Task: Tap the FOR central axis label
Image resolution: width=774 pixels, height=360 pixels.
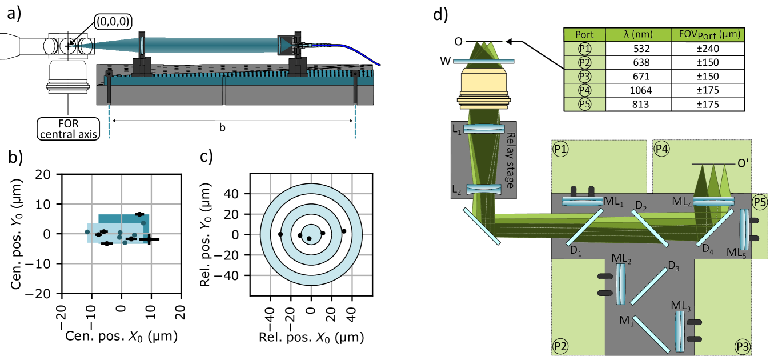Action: pyautogui.click(x=68, y=129)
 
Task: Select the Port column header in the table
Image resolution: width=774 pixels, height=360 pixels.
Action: pyautogui.click(x=584, y=35)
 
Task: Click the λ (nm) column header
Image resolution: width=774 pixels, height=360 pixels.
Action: pyautogui.click(x=637, y=35)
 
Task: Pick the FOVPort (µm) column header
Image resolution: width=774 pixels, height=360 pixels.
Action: pyautogui.click(x=707, y=35)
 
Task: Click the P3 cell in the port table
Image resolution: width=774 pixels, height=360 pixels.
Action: pyautogui.click(x=584, y=77)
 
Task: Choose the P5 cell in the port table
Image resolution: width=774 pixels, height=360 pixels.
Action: pyautogui.click(x=584, y=104)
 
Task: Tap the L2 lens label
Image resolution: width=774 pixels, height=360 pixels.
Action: pyautogui.click(x=457, y=188)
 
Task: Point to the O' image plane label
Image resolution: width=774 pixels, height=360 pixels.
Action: pyautogui.click(x=743, y=163)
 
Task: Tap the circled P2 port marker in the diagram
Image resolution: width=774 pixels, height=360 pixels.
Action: pyautogui.click(x=560, y=346)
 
